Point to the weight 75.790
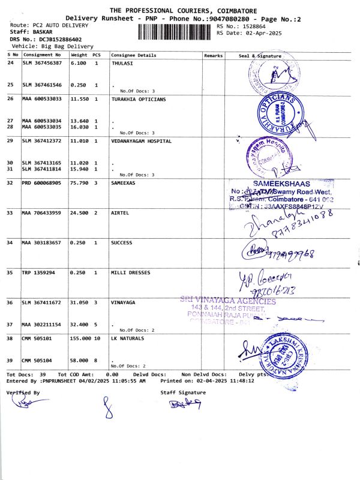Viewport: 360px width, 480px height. pos(79,182)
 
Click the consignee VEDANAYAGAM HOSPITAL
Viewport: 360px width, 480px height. pos(142,141)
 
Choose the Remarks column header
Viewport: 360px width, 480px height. pos(213,55)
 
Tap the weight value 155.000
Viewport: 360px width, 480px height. pos(82,338)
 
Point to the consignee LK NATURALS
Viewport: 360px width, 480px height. pos(128,338)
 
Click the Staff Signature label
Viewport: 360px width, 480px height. pos(183,392)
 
